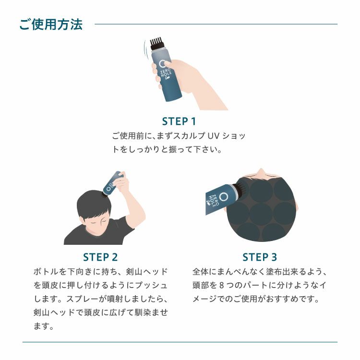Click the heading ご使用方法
51,24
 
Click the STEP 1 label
179,121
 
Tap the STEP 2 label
100,257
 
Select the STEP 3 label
260,257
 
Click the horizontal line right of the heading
216,24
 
